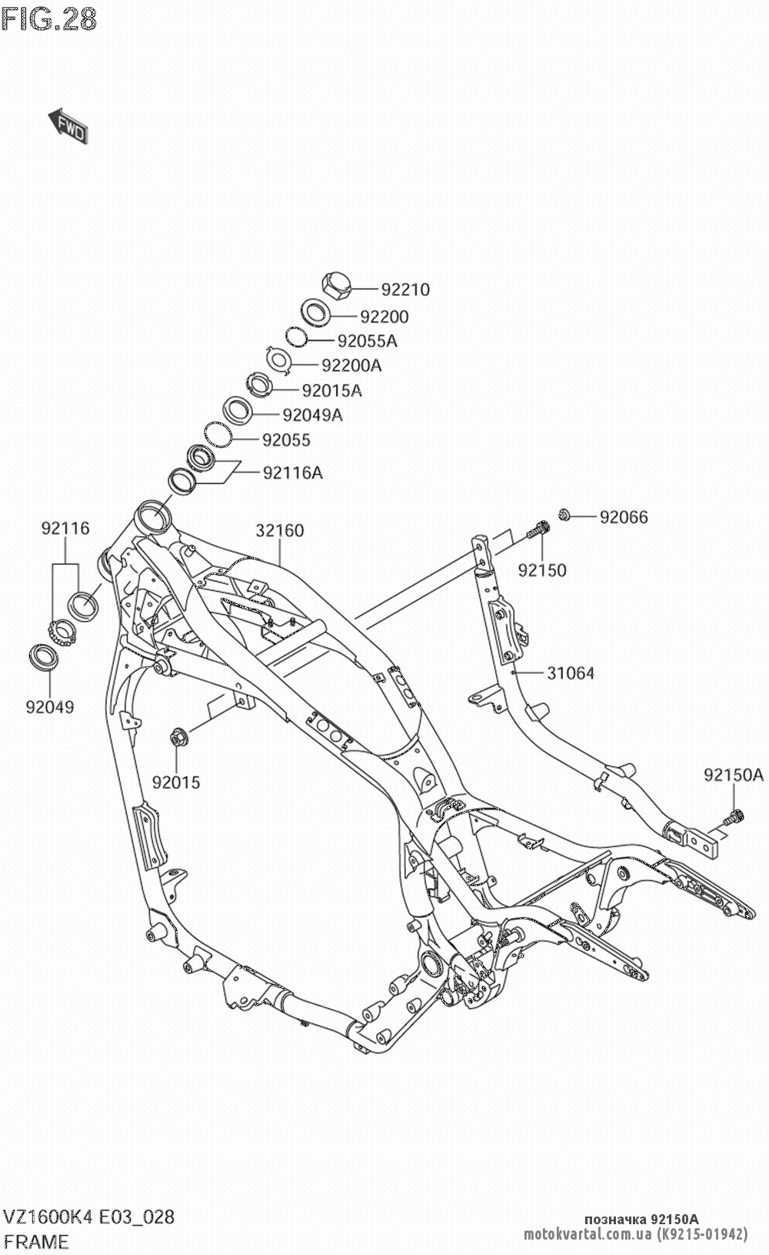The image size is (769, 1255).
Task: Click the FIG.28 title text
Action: point(49,18)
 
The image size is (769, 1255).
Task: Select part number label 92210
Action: point(405,290)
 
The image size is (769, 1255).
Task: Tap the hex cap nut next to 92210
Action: point(336,286)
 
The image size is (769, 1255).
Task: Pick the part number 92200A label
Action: point(351,365)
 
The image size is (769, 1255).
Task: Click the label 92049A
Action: point(312,416)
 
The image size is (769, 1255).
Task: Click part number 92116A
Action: point(293,472)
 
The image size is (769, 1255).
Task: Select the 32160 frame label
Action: point(280,531)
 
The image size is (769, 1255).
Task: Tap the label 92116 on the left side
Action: point(65,529)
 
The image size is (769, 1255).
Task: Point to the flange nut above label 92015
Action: point(176,737)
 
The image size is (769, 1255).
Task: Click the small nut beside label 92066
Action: point(564,514)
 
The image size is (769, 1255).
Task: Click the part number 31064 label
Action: point(571,673)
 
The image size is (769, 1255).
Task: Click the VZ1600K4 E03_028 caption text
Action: point(89,1217)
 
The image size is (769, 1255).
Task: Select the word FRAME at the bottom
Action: point(37,1241)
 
